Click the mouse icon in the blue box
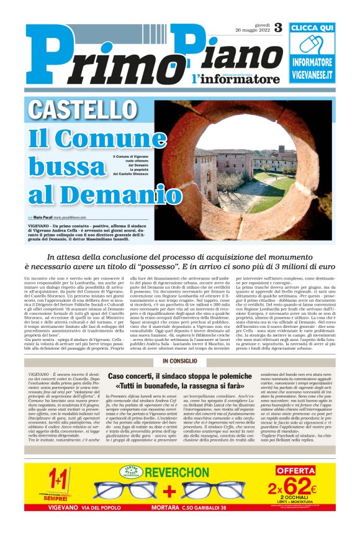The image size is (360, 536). pos(312,45)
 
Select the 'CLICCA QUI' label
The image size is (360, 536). pos(312,28)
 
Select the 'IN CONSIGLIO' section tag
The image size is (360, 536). pos(181,361)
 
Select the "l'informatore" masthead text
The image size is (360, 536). pos(227,79)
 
